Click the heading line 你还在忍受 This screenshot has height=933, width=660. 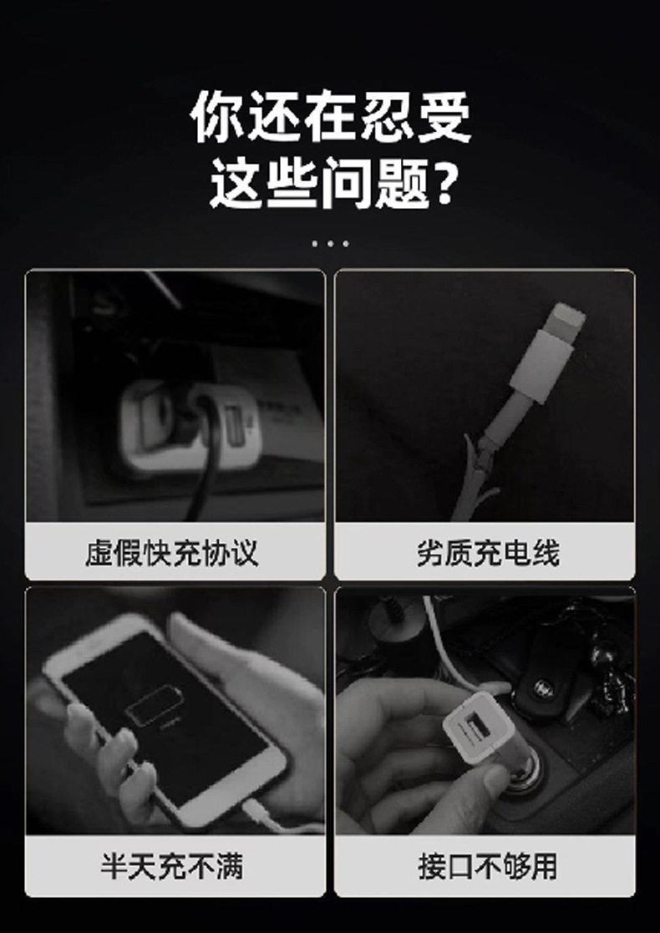331,117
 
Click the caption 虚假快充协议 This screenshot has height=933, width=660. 173,553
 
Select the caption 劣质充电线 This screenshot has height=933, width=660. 487,553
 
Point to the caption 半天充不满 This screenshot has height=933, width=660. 173,865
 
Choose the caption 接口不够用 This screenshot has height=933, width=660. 487,865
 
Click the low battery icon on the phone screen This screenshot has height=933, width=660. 154,706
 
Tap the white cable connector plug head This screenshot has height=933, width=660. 552,351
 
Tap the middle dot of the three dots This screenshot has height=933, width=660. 330,244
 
